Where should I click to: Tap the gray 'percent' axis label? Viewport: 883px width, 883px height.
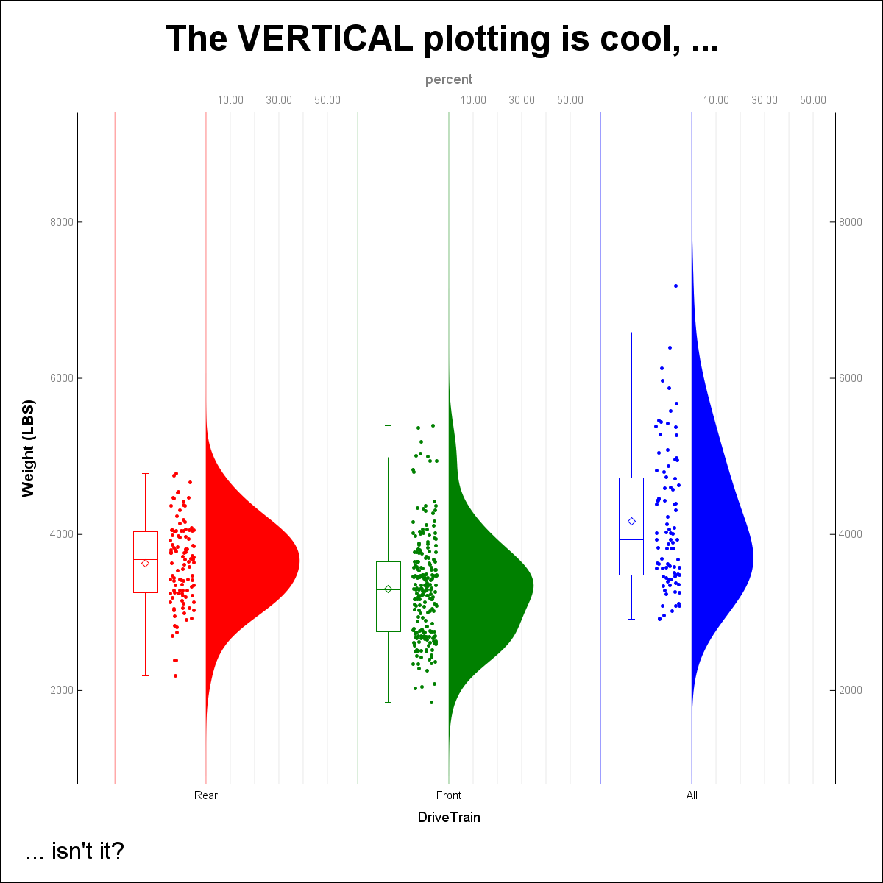449,79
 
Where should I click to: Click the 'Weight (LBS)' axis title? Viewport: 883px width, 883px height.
29,449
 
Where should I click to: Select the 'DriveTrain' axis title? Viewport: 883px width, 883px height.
449,818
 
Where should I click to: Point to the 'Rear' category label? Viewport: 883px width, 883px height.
206,795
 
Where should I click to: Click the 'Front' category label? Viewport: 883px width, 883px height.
449,795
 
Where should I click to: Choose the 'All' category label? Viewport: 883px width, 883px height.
692,795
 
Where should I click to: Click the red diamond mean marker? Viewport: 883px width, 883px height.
146,564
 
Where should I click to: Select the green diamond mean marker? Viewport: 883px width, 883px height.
389,589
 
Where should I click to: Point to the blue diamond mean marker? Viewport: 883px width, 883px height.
631,521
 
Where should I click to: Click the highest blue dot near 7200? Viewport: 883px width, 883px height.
675,286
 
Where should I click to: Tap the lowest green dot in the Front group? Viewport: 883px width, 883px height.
432,702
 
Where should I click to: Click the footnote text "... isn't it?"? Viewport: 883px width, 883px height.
74,852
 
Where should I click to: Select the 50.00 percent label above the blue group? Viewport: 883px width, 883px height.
813,100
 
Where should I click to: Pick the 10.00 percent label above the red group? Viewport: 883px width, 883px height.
230,100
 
